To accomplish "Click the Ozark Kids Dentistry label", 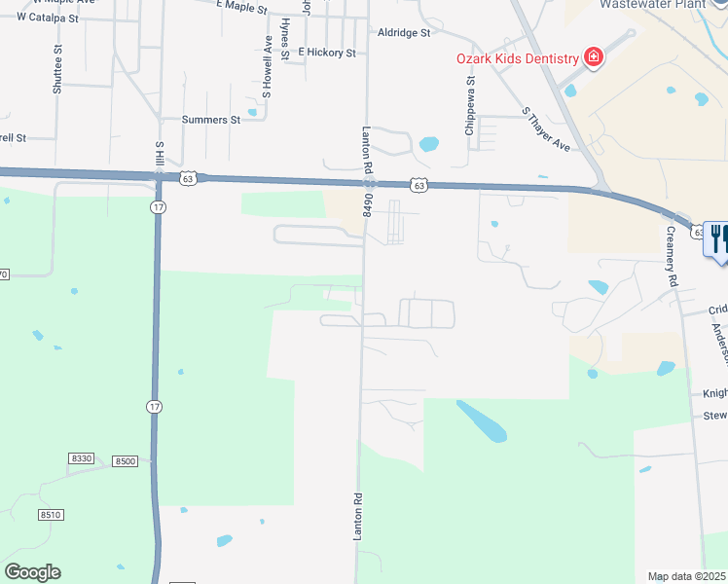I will [x=517, y=58].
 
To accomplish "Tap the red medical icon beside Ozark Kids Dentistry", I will [x=593, y=58].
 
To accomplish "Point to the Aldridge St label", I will [x=404, y=32].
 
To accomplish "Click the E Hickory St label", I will [x=327, y=52].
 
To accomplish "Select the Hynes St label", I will [x=284, y=39].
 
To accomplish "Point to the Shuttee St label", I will [x=58, y=68].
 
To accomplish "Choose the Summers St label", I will [x=211, y=120].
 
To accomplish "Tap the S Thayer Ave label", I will [x=545, y=129].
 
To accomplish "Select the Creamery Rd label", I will [x=670, y=254].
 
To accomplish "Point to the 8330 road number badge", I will [x=82, y=458].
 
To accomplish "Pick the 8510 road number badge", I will [x=51, y=513].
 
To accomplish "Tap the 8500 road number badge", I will [x=125, y=461].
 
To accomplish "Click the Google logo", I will [x=32, y=572].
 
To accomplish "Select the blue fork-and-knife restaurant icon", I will [x=718, y=238].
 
